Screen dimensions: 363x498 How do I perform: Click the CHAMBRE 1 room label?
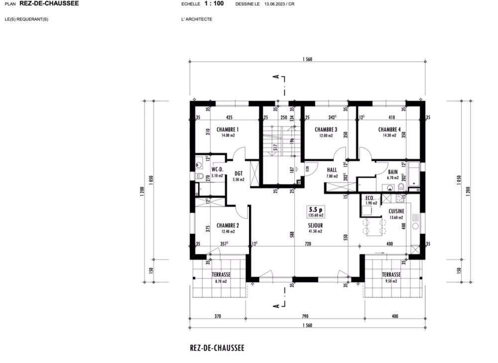[228, 130]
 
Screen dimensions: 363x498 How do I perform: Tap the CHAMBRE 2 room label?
[228, 225]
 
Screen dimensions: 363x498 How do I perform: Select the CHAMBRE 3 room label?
[326, 130]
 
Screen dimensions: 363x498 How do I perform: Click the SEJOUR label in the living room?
[315, 225]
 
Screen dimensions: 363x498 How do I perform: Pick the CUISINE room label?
[396, 211]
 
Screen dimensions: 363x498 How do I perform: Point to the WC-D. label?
[218, 170]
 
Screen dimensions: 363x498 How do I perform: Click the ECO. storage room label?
[370, 197]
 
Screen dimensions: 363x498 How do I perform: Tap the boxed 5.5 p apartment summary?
[316, 212]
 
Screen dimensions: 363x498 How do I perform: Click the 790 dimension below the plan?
[305, 316]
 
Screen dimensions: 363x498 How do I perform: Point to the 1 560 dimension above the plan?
[307, 59]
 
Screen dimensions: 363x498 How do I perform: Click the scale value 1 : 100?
[214, 3]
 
